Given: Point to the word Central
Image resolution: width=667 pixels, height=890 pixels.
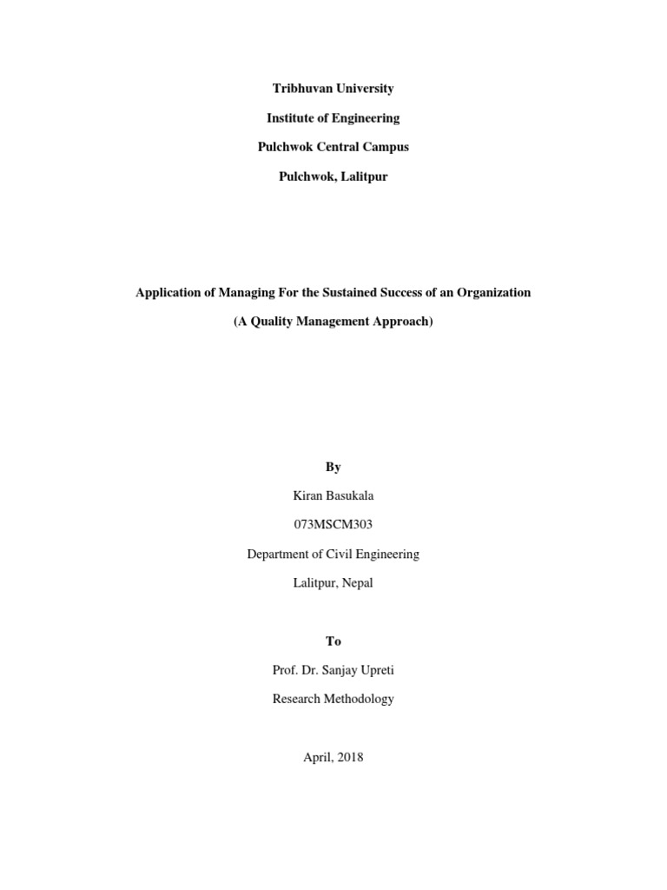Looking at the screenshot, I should coord(333,147).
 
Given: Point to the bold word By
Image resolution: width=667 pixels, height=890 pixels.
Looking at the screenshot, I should coord(333,467).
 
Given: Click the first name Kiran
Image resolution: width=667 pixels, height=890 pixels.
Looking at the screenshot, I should coord(309,495).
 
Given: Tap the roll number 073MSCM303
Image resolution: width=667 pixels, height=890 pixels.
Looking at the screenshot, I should coord(333,525).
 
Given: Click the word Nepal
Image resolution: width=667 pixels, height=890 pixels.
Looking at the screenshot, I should coord(356,582).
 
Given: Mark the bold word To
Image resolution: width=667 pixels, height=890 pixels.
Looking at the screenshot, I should coord(333,641).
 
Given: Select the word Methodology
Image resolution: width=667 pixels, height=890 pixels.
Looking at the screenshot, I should coord(357,699).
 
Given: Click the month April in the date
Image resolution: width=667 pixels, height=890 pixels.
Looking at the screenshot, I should coord(319,757).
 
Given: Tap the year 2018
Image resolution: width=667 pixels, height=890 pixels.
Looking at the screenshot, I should coord(351,757).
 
